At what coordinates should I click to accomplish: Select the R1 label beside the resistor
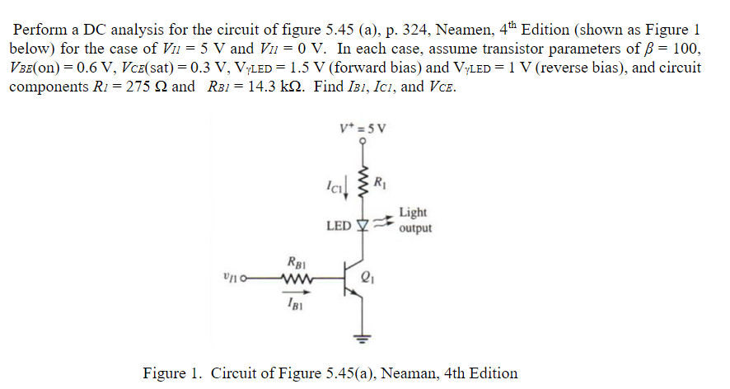[380, 182]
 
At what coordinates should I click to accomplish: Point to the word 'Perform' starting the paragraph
[40, 30]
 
